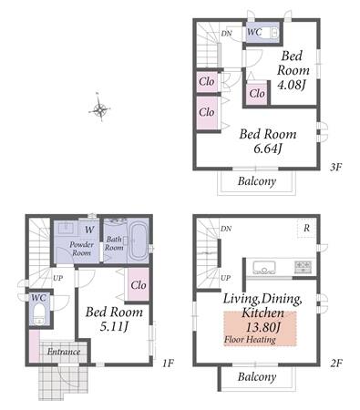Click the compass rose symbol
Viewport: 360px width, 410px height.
click(99, 108)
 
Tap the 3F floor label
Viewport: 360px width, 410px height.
click(336, 168)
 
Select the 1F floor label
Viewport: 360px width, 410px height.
click(168, 363)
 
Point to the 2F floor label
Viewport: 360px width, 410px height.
click(336, 363)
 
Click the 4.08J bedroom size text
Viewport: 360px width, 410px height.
click(291, 85)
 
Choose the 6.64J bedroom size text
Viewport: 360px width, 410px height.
click(267, 149)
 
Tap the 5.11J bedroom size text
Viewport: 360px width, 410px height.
click(114, 326)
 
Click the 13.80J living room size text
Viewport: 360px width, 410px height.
click(262, 327)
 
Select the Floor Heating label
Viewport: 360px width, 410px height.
click(250, 340)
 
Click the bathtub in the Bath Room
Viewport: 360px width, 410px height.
click(139, 241)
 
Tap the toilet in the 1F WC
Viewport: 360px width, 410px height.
click(38, 313)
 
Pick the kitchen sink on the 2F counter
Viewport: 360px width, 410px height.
click(264, 267)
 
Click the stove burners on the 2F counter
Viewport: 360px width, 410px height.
click(303, 267)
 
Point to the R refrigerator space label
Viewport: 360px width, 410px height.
click(306, 228)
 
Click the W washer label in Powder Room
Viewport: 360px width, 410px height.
click(89, 230)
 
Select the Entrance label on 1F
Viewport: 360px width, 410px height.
click(64, 352)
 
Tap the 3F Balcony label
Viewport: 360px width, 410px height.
click(257, 181)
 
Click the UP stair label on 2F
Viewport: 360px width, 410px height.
click(225, 278)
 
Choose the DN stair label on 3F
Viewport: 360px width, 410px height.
click(226, 33)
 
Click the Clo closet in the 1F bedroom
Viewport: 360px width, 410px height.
click(139, 285)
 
